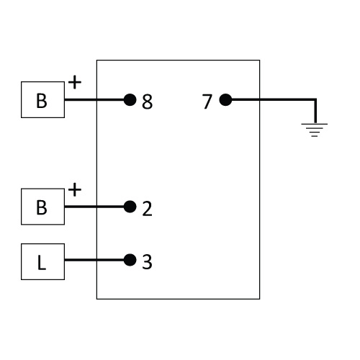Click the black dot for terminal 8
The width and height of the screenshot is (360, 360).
(x=130, y=99)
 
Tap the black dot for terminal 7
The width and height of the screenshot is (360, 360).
(x=225, y=99)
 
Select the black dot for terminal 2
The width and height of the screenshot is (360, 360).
(x=130, y=207)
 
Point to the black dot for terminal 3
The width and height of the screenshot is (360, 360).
(x=130, y=260)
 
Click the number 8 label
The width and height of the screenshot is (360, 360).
(x=147, y=102)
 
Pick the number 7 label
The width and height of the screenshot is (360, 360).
(x=207, y=102)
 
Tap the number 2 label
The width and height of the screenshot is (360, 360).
(x=147, y=209)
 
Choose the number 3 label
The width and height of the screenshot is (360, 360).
(x=147, y=262)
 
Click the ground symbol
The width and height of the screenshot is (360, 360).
(x=315, y=130)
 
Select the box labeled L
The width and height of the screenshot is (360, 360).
(x=42, y=261)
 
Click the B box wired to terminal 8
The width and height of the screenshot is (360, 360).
(x=42, y=99)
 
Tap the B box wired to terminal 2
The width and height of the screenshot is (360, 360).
(x=42, y=207)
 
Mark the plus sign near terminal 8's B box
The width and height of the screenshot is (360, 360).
(x=75, y=82)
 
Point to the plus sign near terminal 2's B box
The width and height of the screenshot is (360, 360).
(x=75, y=189)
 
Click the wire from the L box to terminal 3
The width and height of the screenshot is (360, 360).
(x=94, y=260)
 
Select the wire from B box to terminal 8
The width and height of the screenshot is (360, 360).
(x=94, y=99)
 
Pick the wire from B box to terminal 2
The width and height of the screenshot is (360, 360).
(x=94, y=207)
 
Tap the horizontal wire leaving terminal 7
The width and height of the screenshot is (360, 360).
(x=274, y=99)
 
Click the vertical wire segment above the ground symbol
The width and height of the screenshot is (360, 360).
(x=315, y=111)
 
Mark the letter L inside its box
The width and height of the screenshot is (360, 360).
(x=42, y=263)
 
